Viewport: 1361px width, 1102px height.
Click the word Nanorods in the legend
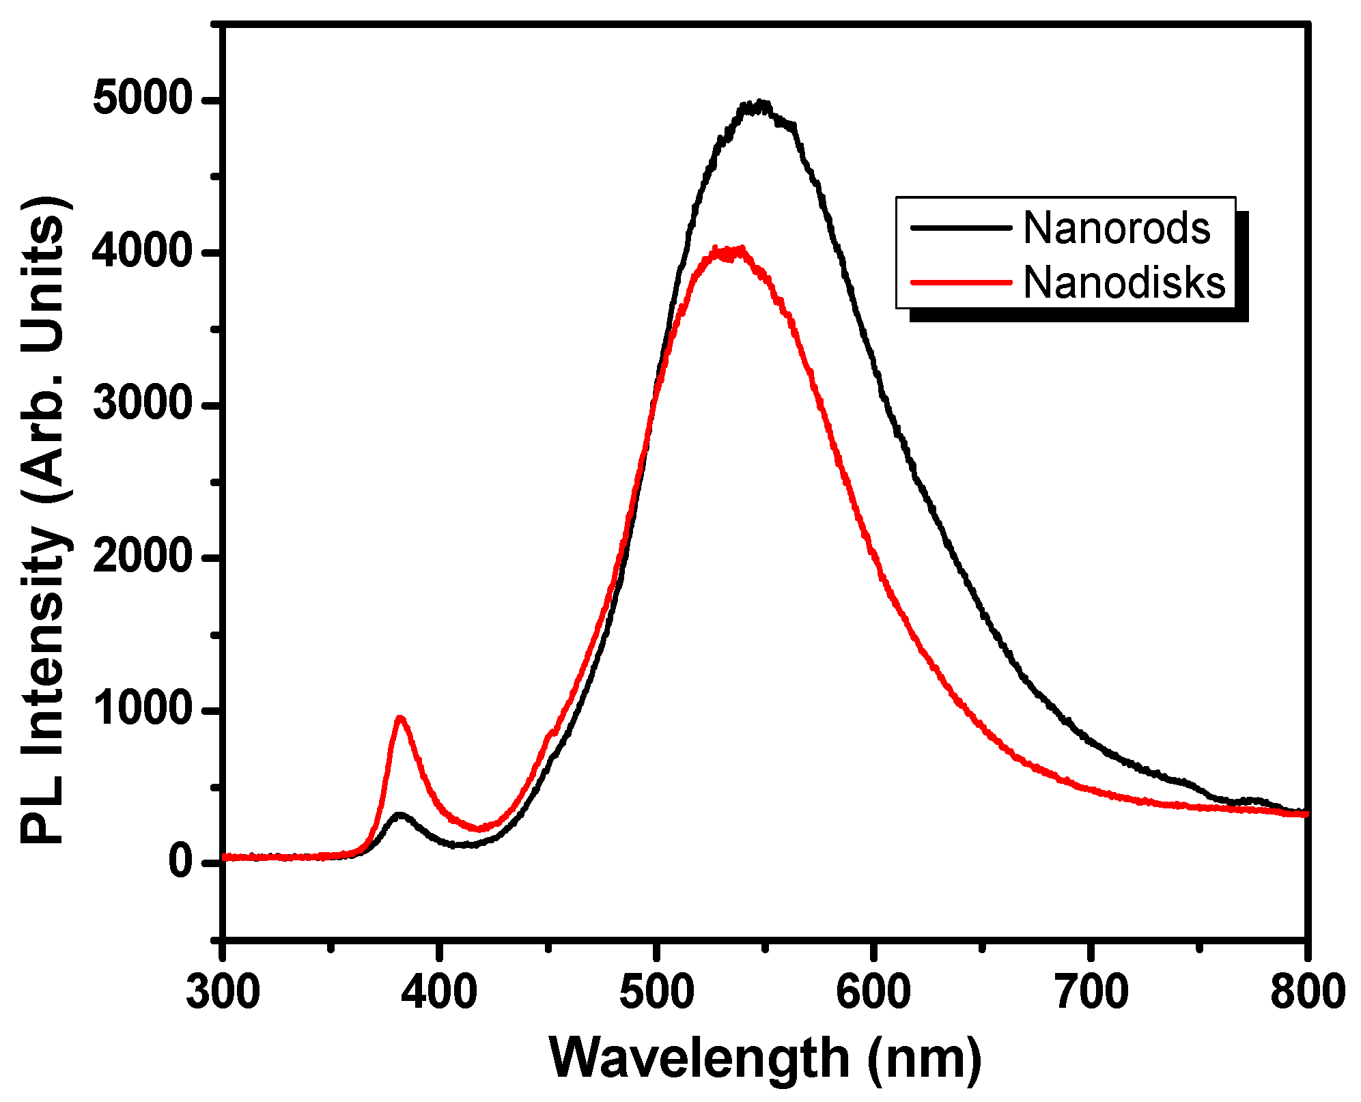click(x=1117, y=228)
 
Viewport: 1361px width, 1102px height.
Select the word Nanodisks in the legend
click(x=1124, y=282)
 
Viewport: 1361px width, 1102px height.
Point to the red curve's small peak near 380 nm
click(x=400, y=718)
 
